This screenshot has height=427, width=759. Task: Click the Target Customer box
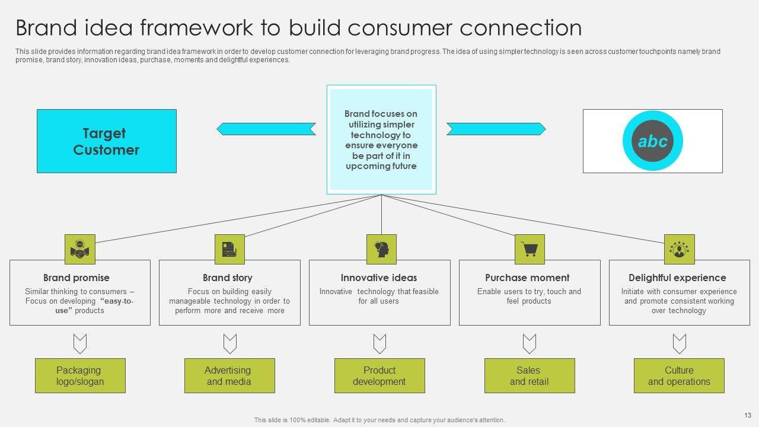click(x=107, y=141)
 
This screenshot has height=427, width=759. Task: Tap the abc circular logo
click(x=653, y=141)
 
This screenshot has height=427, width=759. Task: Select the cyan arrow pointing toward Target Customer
click(x=266, y=129)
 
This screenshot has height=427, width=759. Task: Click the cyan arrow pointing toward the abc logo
click(x=496, y=129)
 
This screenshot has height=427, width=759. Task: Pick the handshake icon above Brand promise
click(x=80, y=250)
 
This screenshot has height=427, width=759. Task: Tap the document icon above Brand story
click(x=229, y=250)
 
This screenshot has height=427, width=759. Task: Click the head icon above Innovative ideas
click(x=381, y=250)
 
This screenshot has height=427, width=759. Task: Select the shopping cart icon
click(x=530, y=250)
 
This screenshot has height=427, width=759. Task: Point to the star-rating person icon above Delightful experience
click(x=680, y=250)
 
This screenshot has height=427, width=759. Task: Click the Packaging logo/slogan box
click(x=80, y=376)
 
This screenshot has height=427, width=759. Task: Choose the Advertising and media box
click(x=229, y=376)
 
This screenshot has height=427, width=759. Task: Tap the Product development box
click(x=379, y=376)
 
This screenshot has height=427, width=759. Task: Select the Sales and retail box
click(x=530, y=376)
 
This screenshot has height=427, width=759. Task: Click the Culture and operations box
click(x=679, y=376)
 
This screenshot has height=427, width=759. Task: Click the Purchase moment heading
click(x=527, y=278)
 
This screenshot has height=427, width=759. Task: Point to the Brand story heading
click(x=228, y=278)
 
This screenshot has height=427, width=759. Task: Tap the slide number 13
click(x=748, y=415)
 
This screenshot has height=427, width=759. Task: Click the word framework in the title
click(x=196, y=28)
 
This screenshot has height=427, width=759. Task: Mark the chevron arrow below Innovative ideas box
click(x=380, y=343)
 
